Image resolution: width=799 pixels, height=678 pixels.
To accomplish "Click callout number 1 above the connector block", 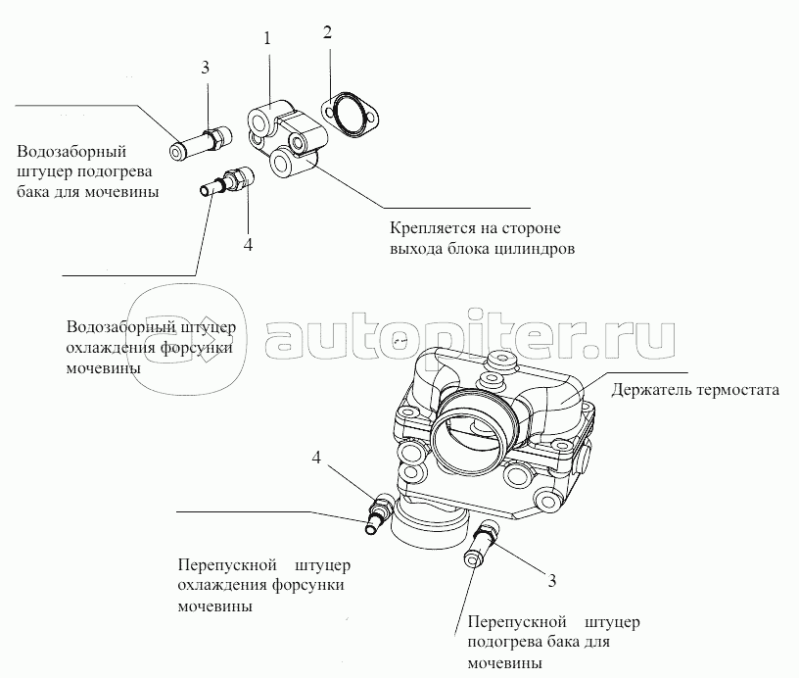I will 266,38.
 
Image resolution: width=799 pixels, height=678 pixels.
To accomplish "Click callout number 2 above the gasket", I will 328,31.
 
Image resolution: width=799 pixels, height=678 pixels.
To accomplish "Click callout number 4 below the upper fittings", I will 248,244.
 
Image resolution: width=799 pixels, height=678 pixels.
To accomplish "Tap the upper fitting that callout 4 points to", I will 227,181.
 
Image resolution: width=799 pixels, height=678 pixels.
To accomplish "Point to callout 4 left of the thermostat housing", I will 317,458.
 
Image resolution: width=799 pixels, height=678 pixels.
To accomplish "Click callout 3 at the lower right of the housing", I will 551,581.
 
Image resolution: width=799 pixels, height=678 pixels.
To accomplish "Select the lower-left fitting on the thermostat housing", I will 378,514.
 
